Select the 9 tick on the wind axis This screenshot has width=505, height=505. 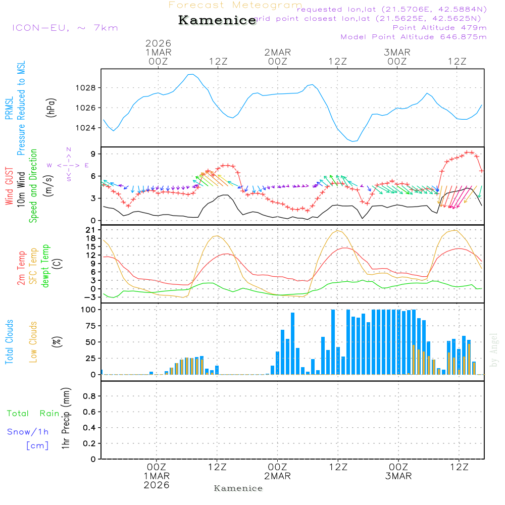93,154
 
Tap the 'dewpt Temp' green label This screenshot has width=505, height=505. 45,266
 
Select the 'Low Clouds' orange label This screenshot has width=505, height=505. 33,341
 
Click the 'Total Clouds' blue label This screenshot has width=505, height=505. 9,341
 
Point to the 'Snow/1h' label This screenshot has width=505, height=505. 28,432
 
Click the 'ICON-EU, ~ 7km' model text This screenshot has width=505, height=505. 65,28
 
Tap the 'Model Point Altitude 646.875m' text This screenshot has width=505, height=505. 413,37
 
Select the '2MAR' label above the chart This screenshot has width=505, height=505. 277,53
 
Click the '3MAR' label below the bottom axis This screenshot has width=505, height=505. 398,476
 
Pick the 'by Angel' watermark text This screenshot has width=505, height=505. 494,350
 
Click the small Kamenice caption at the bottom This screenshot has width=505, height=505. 238,488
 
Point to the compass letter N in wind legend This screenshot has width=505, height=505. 69,149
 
